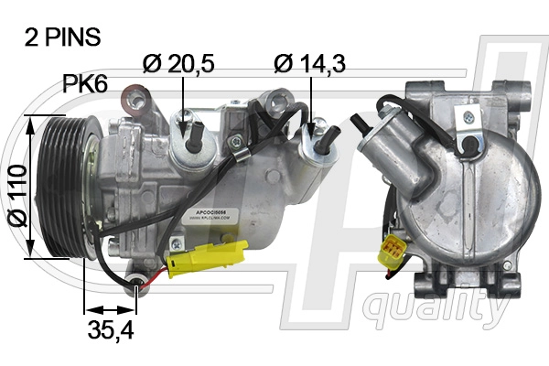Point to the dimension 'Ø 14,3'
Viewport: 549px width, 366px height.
(x=309, y=63)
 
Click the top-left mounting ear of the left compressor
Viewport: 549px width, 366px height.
(x=136, y=96)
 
